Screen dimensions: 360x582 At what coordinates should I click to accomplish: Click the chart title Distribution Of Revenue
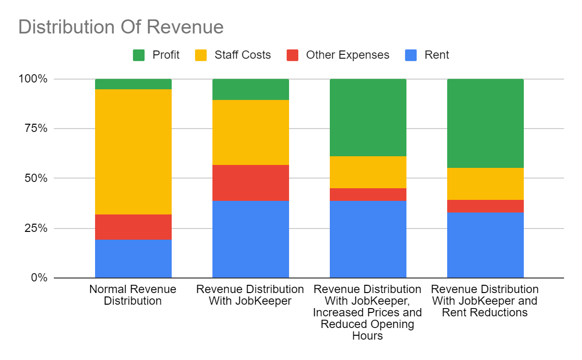121,27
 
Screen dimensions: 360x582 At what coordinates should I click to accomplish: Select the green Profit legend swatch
139,55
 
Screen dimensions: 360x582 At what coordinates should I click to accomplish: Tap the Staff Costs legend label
242,55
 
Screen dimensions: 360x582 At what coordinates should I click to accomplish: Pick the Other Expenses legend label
347,55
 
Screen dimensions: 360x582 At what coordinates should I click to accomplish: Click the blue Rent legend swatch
411,55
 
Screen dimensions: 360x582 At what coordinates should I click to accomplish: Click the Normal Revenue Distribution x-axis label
133,295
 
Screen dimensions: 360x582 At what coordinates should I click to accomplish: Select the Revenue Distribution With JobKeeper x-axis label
250,295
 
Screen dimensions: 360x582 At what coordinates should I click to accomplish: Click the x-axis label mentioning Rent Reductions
485,301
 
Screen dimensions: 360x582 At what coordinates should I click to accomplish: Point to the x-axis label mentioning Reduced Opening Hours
367,312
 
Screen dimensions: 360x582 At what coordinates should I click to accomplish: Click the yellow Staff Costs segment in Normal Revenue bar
133,152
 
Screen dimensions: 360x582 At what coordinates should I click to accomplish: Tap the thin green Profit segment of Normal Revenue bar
133,84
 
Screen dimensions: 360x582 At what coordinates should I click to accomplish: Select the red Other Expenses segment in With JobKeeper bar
251,183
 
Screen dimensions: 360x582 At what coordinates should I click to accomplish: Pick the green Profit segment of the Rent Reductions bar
485,123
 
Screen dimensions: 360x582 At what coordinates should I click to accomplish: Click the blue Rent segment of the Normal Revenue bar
133,259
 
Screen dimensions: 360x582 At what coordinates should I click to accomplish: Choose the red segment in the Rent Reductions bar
485,206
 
